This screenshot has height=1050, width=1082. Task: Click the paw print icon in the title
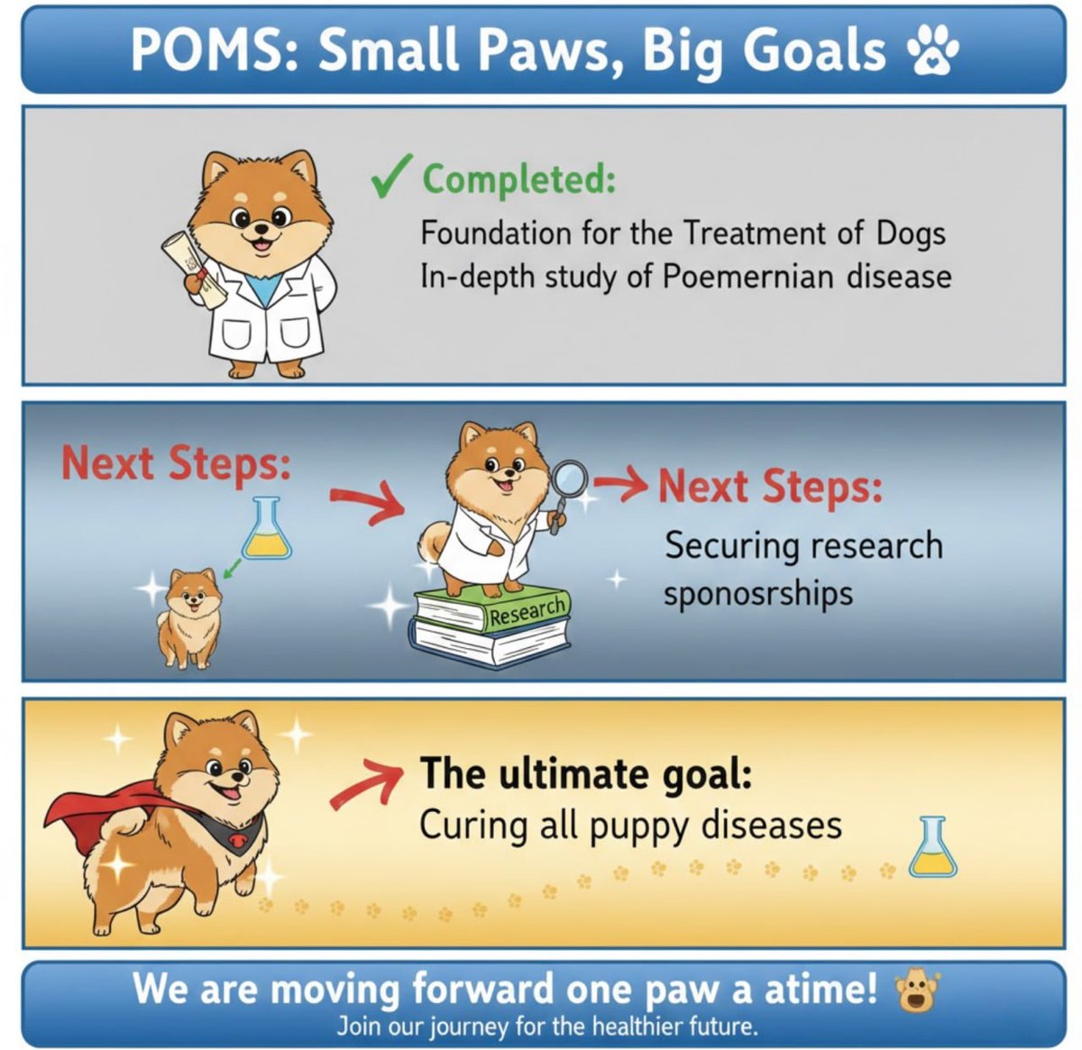(x=930, y=51)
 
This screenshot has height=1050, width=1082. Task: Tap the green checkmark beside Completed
(x=391, y=174)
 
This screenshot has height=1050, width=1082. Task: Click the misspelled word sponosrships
(x=757, y=594)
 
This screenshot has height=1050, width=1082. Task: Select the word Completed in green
(x=519, y=178)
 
